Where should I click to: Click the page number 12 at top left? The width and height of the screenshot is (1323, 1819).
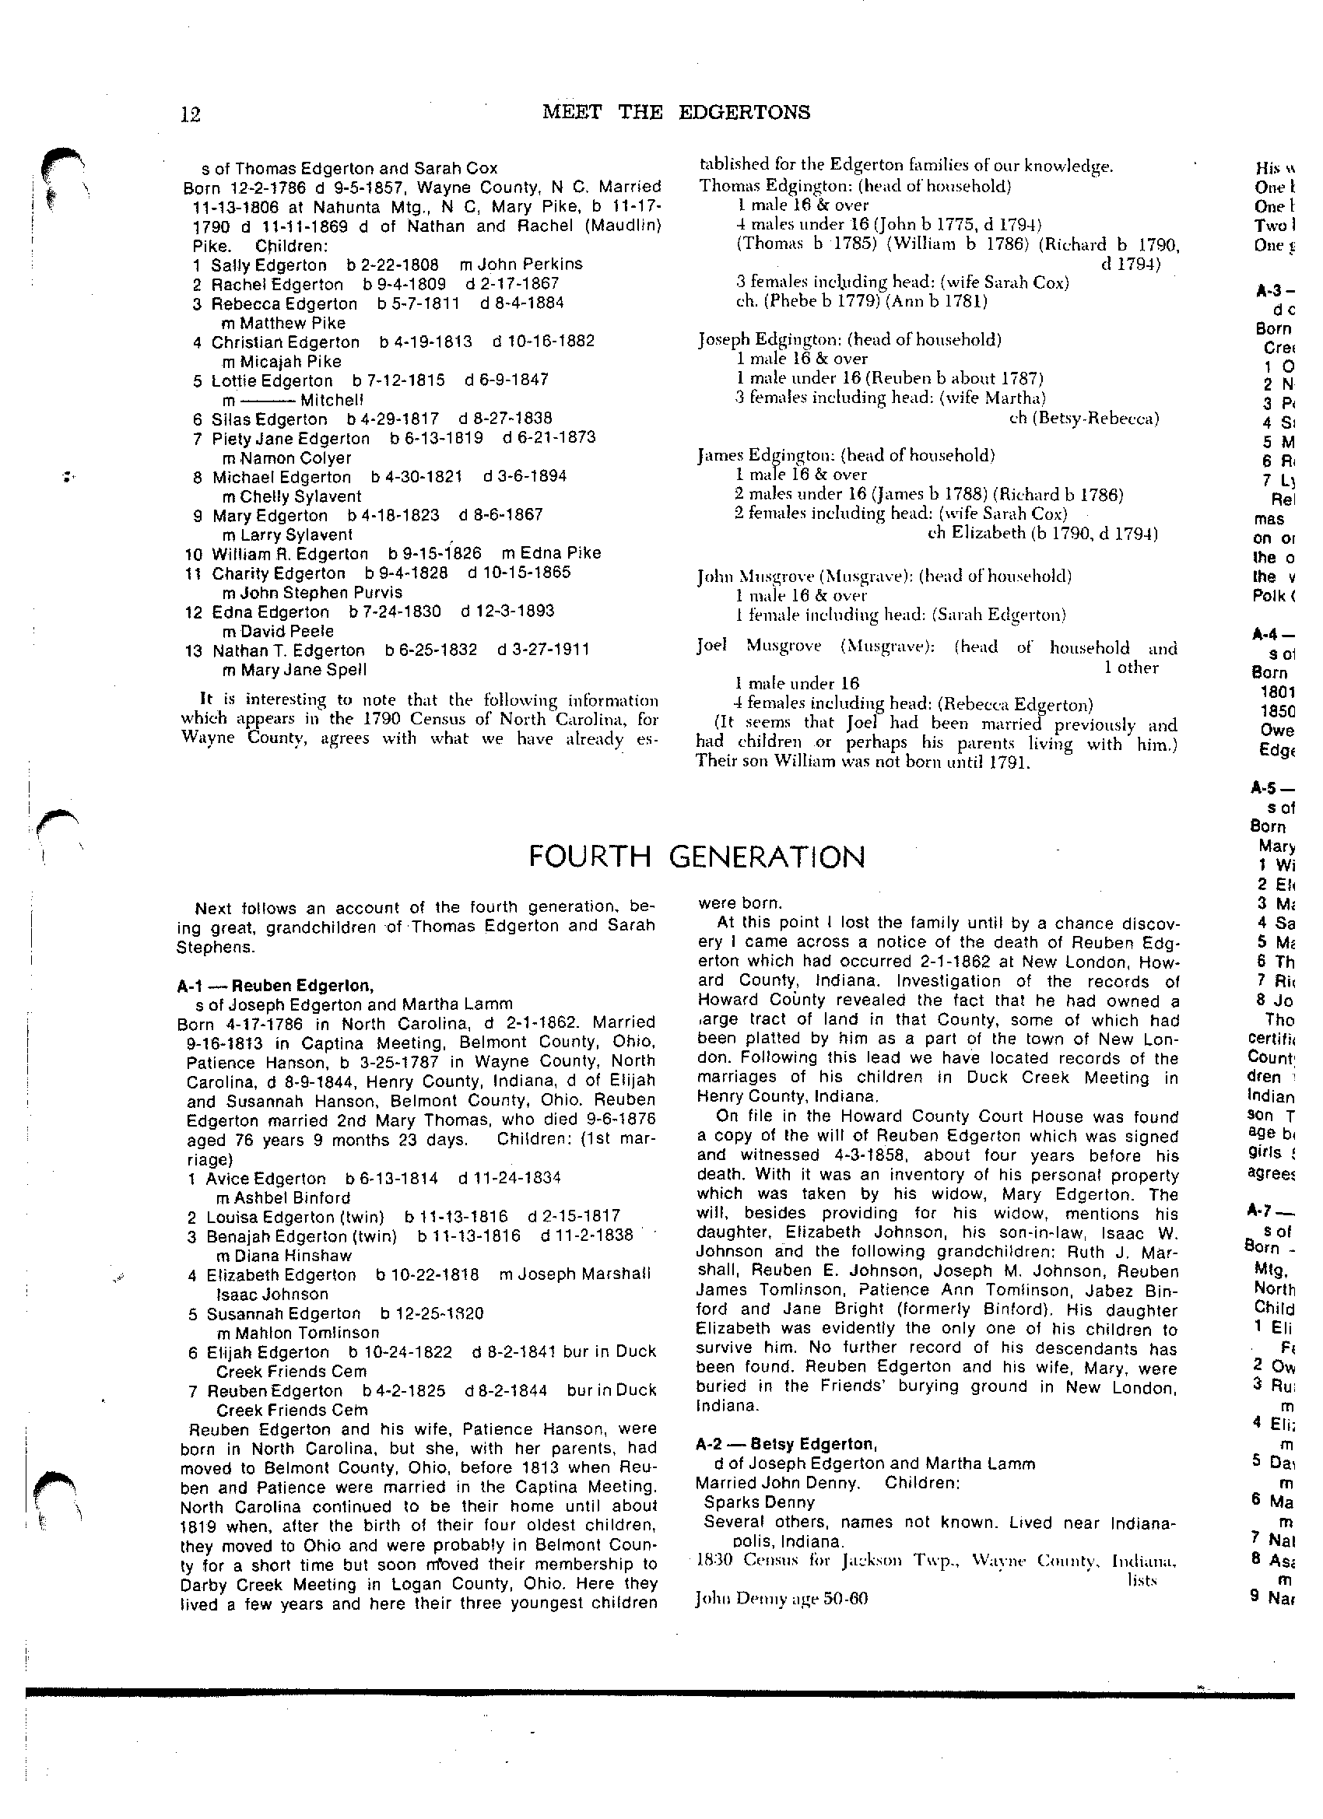tap(191, 114)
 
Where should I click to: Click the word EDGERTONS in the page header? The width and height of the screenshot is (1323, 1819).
tap(744, 112)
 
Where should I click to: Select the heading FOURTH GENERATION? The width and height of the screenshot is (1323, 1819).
tap(697, 857)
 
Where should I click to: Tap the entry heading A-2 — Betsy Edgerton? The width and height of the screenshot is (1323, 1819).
tap(785, 1445)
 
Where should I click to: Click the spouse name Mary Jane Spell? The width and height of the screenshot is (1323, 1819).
tap(293, 670)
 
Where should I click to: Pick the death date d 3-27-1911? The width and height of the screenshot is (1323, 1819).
tap(543, 650)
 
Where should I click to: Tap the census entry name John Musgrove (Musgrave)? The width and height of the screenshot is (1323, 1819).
tap(804, 577)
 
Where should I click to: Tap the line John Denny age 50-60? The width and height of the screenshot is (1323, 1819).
tap(781, 1600)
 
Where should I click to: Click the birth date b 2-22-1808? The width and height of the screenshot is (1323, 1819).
tap(392, 265)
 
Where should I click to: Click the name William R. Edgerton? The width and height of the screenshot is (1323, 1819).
tap(290, 554)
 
